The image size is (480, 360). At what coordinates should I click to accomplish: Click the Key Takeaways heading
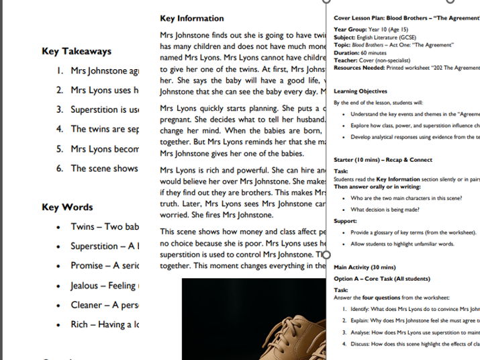(x=77, y=51)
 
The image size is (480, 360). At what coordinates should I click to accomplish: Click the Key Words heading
(x=67, y=207)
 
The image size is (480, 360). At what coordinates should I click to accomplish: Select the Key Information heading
(x=192, y=18)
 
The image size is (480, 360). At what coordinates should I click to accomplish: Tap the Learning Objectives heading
(x=361, y=91)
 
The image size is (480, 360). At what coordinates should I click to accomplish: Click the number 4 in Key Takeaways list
(x=60, y=129)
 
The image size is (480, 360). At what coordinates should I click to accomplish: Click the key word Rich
(x=80, y=324)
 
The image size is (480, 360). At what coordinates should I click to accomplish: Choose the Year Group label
(x=350, y=30)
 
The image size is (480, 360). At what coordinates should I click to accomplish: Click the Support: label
(x=345, y=220)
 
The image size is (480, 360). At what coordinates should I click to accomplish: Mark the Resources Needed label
(x=359, y=68)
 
